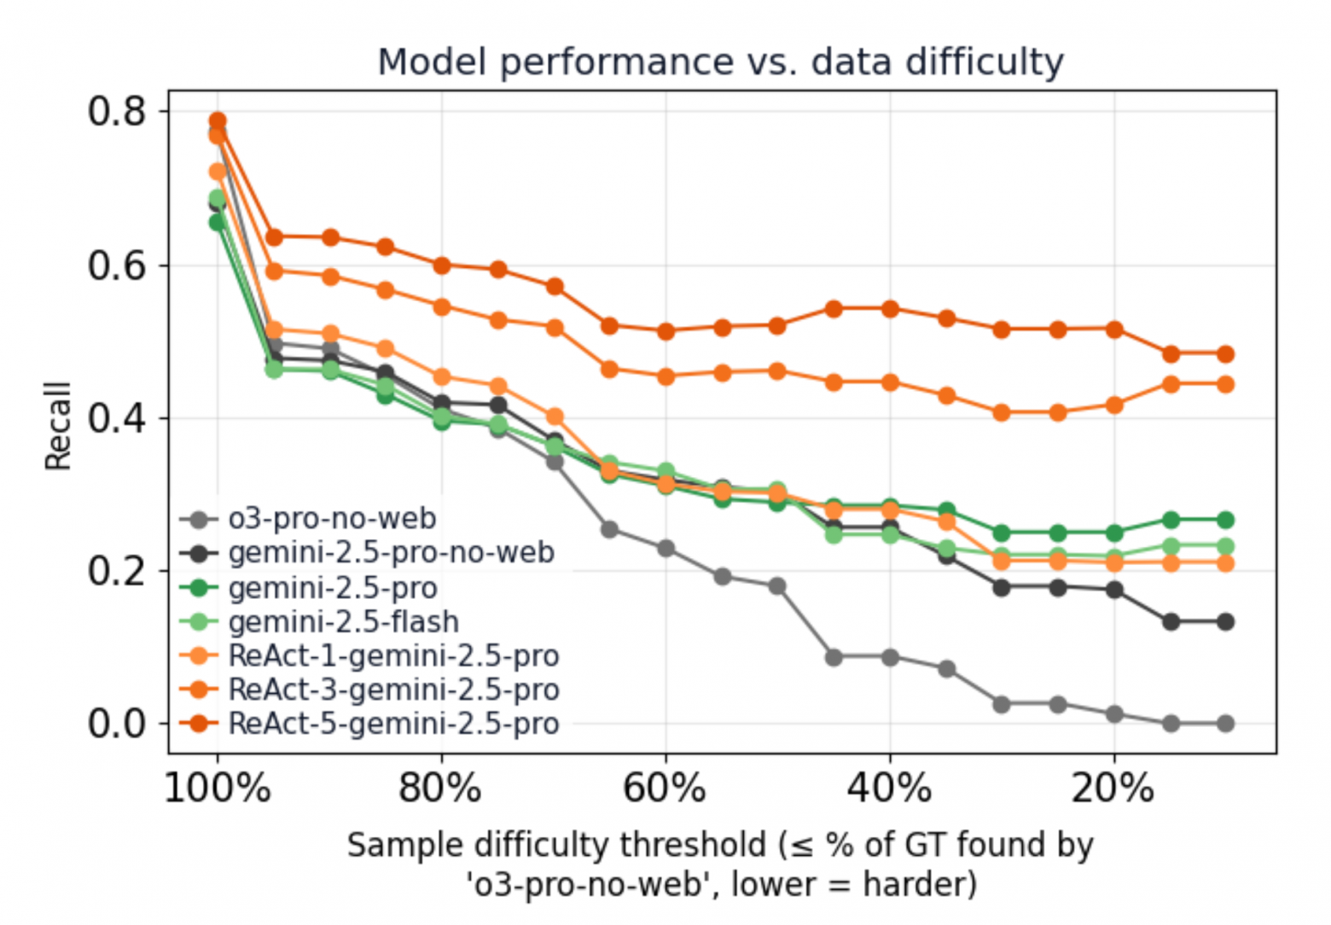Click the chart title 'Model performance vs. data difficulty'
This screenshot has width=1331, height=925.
point(720,62)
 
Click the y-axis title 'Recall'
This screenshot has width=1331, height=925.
point(58,426)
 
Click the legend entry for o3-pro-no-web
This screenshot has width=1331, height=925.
point(332,519)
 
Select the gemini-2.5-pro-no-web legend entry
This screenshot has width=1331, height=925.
point(391,553)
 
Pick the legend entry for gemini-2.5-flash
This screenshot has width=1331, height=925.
point(343,621)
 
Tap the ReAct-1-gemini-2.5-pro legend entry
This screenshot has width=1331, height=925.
point(393,655)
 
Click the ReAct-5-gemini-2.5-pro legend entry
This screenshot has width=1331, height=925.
point(393,724)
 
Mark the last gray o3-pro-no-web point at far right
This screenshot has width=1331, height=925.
point(1225,724)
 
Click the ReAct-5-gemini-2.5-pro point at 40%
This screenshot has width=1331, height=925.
point(890,309)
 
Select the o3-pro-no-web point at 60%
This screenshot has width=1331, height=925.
point(665,549)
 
